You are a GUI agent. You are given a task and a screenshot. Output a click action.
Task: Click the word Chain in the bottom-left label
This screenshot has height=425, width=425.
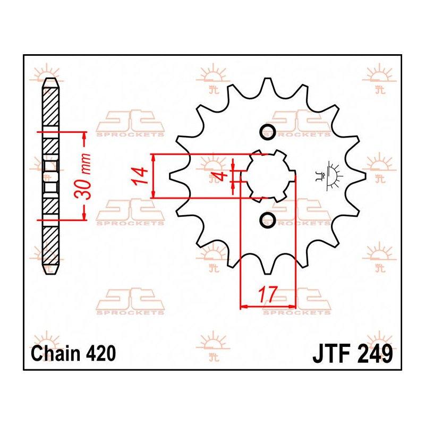(x=56, y=353)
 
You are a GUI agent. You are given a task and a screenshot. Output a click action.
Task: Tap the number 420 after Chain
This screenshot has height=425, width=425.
(x=101, y=353)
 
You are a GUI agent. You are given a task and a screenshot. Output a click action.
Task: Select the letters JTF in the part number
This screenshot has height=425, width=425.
(x=333, y=354)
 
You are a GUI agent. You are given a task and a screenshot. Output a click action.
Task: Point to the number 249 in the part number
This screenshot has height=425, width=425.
(x=376, y=354)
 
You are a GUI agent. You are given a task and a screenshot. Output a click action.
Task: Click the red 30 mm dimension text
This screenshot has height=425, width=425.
(x=83, y=176)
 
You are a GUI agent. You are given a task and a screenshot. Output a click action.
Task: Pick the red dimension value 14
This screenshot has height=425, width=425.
(x=141, y=176)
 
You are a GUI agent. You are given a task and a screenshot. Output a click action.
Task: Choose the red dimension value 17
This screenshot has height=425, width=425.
(x=268, y=294)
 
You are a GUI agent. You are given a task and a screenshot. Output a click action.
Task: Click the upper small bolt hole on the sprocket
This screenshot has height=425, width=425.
(x=268, y=132)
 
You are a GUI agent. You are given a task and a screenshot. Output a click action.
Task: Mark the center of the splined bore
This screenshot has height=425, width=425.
(x=268, y=176)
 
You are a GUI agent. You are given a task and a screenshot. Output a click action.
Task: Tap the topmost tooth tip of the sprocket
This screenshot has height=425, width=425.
(x=267, y=79)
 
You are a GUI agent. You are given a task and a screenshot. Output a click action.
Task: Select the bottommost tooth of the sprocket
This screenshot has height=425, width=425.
(x=267, y=273)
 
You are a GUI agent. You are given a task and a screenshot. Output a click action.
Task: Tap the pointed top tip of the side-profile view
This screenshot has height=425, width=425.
(x=50, y=79)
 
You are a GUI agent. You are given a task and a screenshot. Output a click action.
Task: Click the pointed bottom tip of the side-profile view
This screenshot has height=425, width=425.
(x=50, y=274)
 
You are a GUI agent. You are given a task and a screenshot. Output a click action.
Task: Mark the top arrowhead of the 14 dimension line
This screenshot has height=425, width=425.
(x=154, y=158)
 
